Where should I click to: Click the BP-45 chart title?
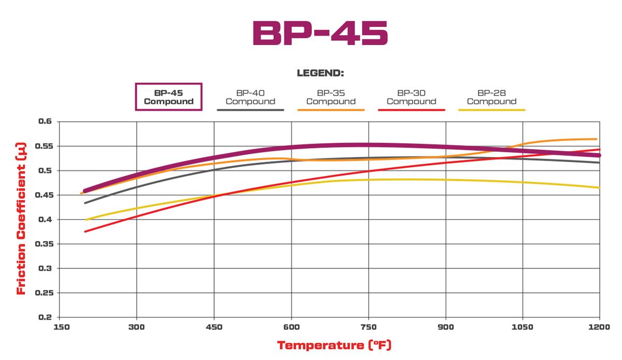[320, 34]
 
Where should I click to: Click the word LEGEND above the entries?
[320, 73]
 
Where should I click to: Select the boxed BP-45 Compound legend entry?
[168, 97]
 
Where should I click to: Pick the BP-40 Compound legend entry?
[250, 97]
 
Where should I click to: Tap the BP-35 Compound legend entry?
[331, 97]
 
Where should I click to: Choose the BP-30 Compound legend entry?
[411, 97]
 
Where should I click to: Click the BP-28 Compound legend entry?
[491, 97]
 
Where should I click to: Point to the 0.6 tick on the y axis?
[46, 121]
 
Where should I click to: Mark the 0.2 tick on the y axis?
[46, 317]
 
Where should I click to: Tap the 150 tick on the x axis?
[61, 327]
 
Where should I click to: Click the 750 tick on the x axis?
[369, 327]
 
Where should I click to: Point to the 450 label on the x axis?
[214, 327]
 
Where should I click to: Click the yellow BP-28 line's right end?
[599, 188]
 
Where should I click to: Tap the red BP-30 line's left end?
[86, 231]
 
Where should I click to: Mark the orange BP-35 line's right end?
[596, 139]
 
